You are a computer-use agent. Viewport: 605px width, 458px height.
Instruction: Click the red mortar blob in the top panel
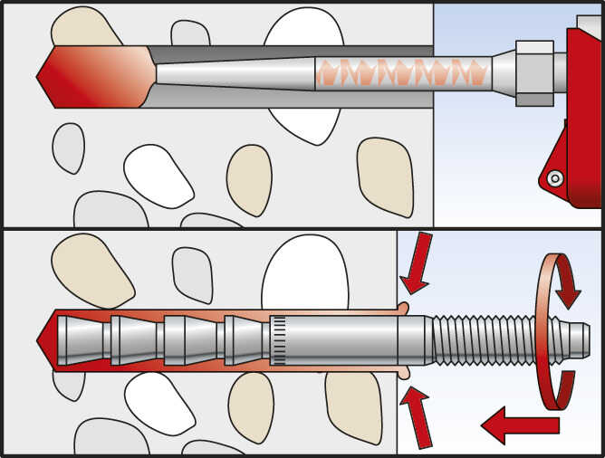point(95,75)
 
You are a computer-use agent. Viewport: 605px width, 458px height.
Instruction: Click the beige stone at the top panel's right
point(385,176)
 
